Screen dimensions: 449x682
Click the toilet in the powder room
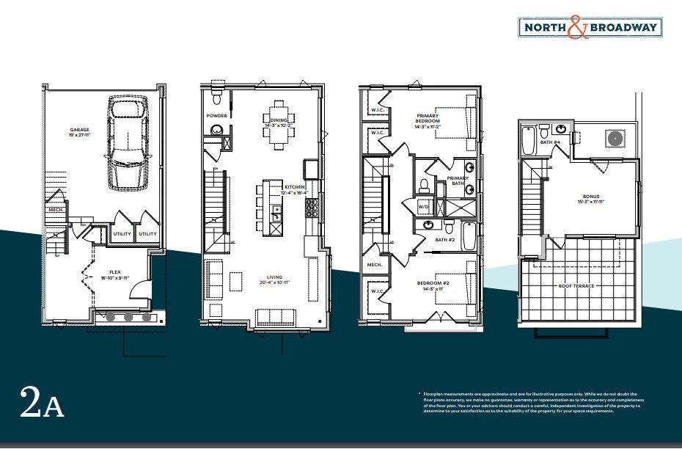click(216, 99)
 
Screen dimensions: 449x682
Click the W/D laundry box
click(424, 207)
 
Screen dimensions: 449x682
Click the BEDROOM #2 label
click(432, 286)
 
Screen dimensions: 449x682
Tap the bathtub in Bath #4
click(528, 142)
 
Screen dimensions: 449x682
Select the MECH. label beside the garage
click(56, 210)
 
